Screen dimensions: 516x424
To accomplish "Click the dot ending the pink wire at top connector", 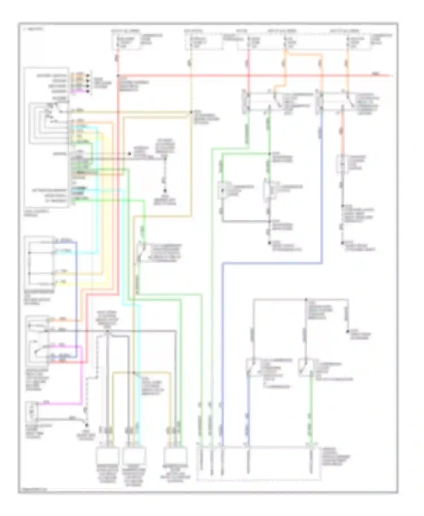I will pyautogui.click(x=88, y=91).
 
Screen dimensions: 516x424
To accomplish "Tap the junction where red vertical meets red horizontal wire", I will pyautogui.click(x=118, y=76).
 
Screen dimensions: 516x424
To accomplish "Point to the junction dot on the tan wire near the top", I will pyautogui.click(x=191, y=112).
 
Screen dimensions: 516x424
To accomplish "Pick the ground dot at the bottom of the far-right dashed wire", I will pyautogui.click(x=342, y=242).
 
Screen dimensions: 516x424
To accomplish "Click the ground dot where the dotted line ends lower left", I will pyautogui.click(x=87, y=425).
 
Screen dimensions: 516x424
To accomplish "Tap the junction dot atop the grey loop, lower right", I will pyautogui.click(x=306, y=299).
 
